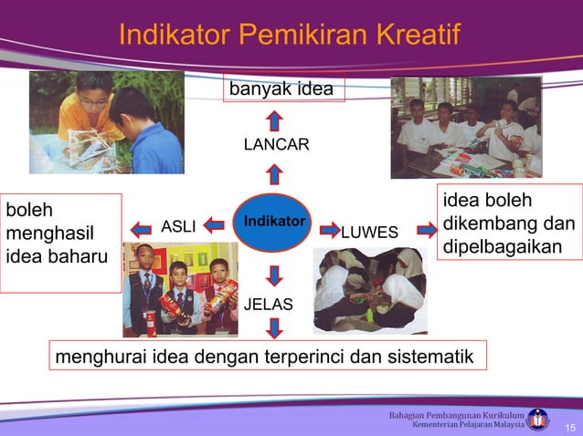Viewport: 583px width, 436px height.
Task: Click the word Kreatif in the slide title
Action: pos(410,36)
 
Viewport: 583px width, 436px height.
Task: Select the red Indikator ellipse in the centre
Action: pos(272,223)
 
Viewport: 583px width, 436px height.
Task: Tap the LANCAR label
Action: pos(276,145)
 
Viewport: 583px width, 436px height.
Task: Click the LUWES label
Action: pos(369,233)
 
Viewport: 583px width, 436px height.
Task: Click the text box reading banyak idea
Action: pos(281,89)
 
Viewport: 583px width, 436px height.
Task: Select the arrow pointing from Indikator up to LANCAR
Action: pos(275,173)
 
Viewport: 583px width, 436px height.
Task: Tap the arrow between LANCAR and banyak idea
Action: pos(275,119)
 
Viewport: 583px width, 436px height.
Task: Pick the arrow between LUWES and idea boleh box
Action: pos(427,230)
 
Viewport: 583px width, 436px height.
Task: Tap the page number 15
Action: pos(569,428)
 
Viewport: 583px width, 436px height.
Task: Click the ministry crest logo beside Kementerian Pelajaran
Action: pos(539,419)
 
